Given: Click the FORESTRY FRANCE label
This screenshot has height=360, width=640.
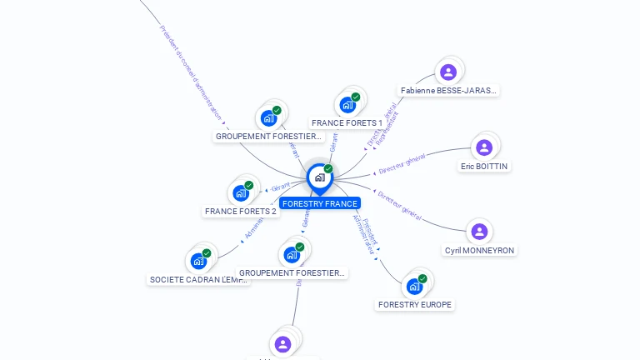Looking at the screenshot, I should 320,203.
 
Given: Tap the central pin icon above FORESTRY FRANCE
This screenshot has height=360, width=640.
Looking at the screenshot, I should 319,177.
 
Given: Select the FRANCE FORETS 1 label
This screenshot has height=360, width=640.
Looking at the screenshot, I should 347,123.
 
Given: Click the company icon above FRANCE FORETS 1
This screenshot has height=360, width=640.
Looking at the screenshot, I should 348,105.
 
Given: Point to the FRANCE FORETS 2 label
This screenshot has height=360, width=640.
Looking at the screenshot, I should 241,212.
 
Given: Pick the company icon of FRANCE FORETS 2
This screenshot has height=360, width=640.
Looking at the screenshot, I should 241,193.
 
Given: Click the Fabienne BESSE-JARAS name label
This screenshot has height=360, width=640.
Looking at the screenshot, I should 448,90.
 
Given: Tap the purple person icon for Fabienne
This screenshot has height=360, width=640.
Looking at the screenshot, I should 448,72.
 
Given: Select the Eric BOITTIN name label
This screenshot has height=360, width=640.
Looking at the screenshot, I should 484,166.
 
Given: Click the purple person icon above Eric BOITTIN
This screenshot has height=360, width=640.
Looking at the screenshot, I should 484,148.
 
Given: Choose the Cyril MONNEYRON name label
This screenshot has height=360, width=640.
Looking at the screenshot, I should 479,250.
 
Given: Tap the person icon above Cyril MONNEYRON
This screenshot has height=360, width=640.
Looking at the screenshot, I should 479,232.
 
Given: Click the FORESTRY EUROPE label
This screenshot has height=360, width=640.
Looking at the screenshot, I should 415,305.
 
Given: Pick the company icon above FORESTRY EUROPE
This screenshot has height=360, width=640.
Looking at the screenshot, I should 415,287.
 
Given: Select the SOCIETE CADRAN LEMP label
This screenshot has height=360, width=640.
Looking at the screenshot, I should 198,280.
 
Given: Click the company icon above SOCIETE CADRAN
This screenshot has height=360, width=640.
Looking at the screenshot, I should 198,261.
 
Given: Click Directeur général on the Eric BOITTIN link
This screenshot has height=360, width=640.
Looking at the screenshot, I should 402,163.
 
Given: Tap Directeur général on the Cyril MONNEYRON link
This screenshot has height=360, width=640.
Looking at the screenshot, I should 400,204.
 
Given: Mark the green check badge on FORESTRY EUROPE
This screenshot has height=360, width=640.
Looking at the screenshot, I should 422,278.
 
